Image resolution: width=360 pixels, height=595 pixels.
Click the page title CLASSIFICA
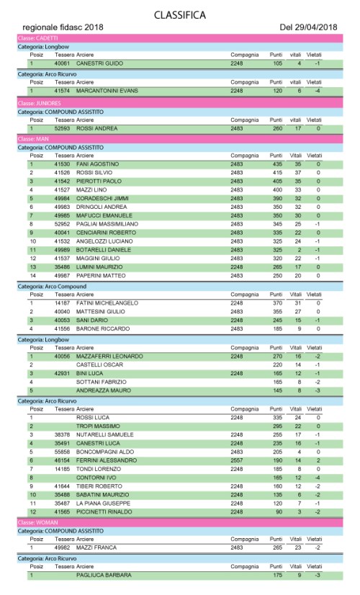[x=180, y=14]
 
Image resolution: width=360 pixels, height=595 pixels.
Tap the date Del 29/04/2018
[x=308, y=27]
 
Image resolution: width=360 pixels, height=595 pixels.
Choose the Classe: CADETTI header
[x=36, y=37]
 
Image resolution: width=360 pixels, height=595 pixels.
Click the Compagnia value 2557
[x=237, y=460]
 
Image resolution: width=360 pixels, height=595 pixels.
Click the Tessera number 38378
[x=63, y=435]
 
